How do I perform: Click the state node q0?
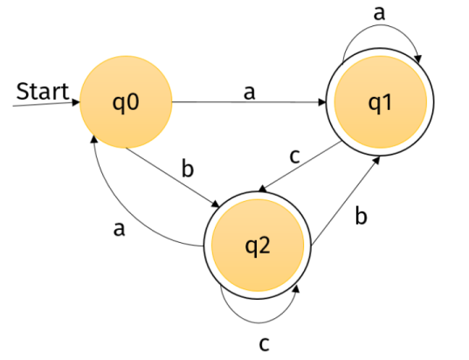point(126,101)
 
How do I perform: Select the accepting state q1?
point(380,102)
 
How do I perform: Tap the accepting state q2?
point(258,245)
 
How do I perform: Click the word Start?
point(43,91)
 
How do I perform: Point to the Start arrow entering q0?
point(46,104)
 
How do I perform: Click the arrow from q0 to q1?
point(249,102)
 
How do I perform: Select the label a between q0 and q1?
point(249,92)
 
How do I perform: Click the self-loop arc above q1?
point(381,25)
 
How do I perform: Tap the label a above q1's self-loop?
point(379,13)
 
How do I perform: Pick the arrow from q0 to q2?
point(173,177)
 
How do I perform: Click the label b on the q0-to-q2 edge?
point(188,169)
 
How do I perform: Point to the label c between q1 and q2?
point(294,156)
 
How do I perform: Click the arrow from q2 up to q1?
point(346,200)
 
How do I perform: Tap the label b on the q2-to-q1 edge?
point(361,216)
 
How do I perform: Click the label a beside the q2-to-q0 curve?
point(119,230)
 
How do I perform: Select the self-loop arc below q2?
point(259,323)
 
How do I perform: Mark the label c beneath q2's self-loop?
point(264,344)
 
